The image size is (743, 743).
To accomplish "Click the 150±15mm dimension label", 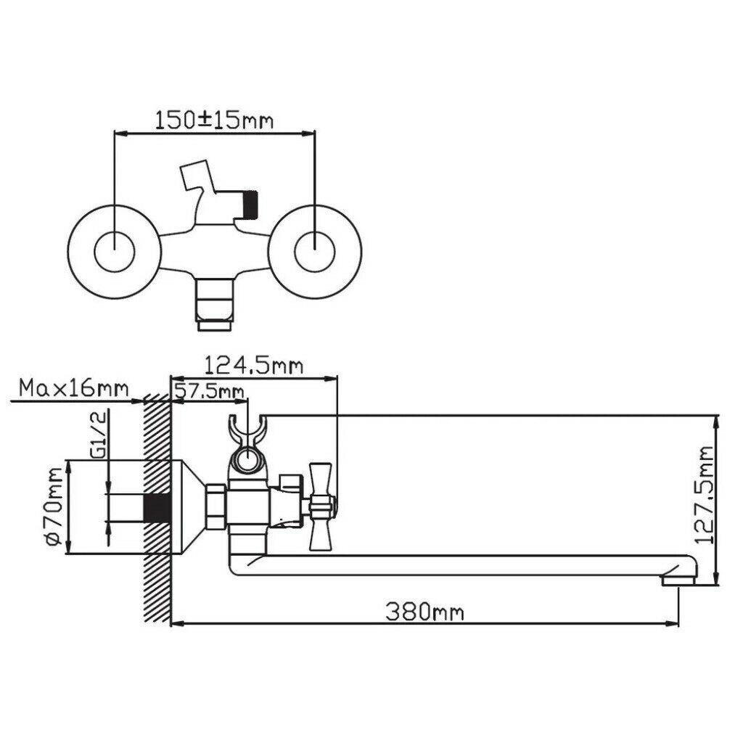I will (x=214, y=120).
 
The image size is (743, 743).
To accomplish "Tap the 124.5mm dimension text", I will (x=253, y=365).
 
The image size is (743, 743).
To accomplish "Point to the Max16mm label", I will (x=73, y=388).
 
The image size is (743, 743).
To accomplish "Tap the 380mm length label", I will (x=424, y=611).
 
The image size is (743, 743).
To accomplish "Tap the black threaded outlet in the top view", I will (x=250, y=203).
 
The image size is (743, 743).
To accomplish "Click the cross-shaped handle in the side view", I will (x=319, y=498).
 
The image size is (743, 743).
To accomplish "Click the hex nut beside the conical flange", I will (x=215, y=507).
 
